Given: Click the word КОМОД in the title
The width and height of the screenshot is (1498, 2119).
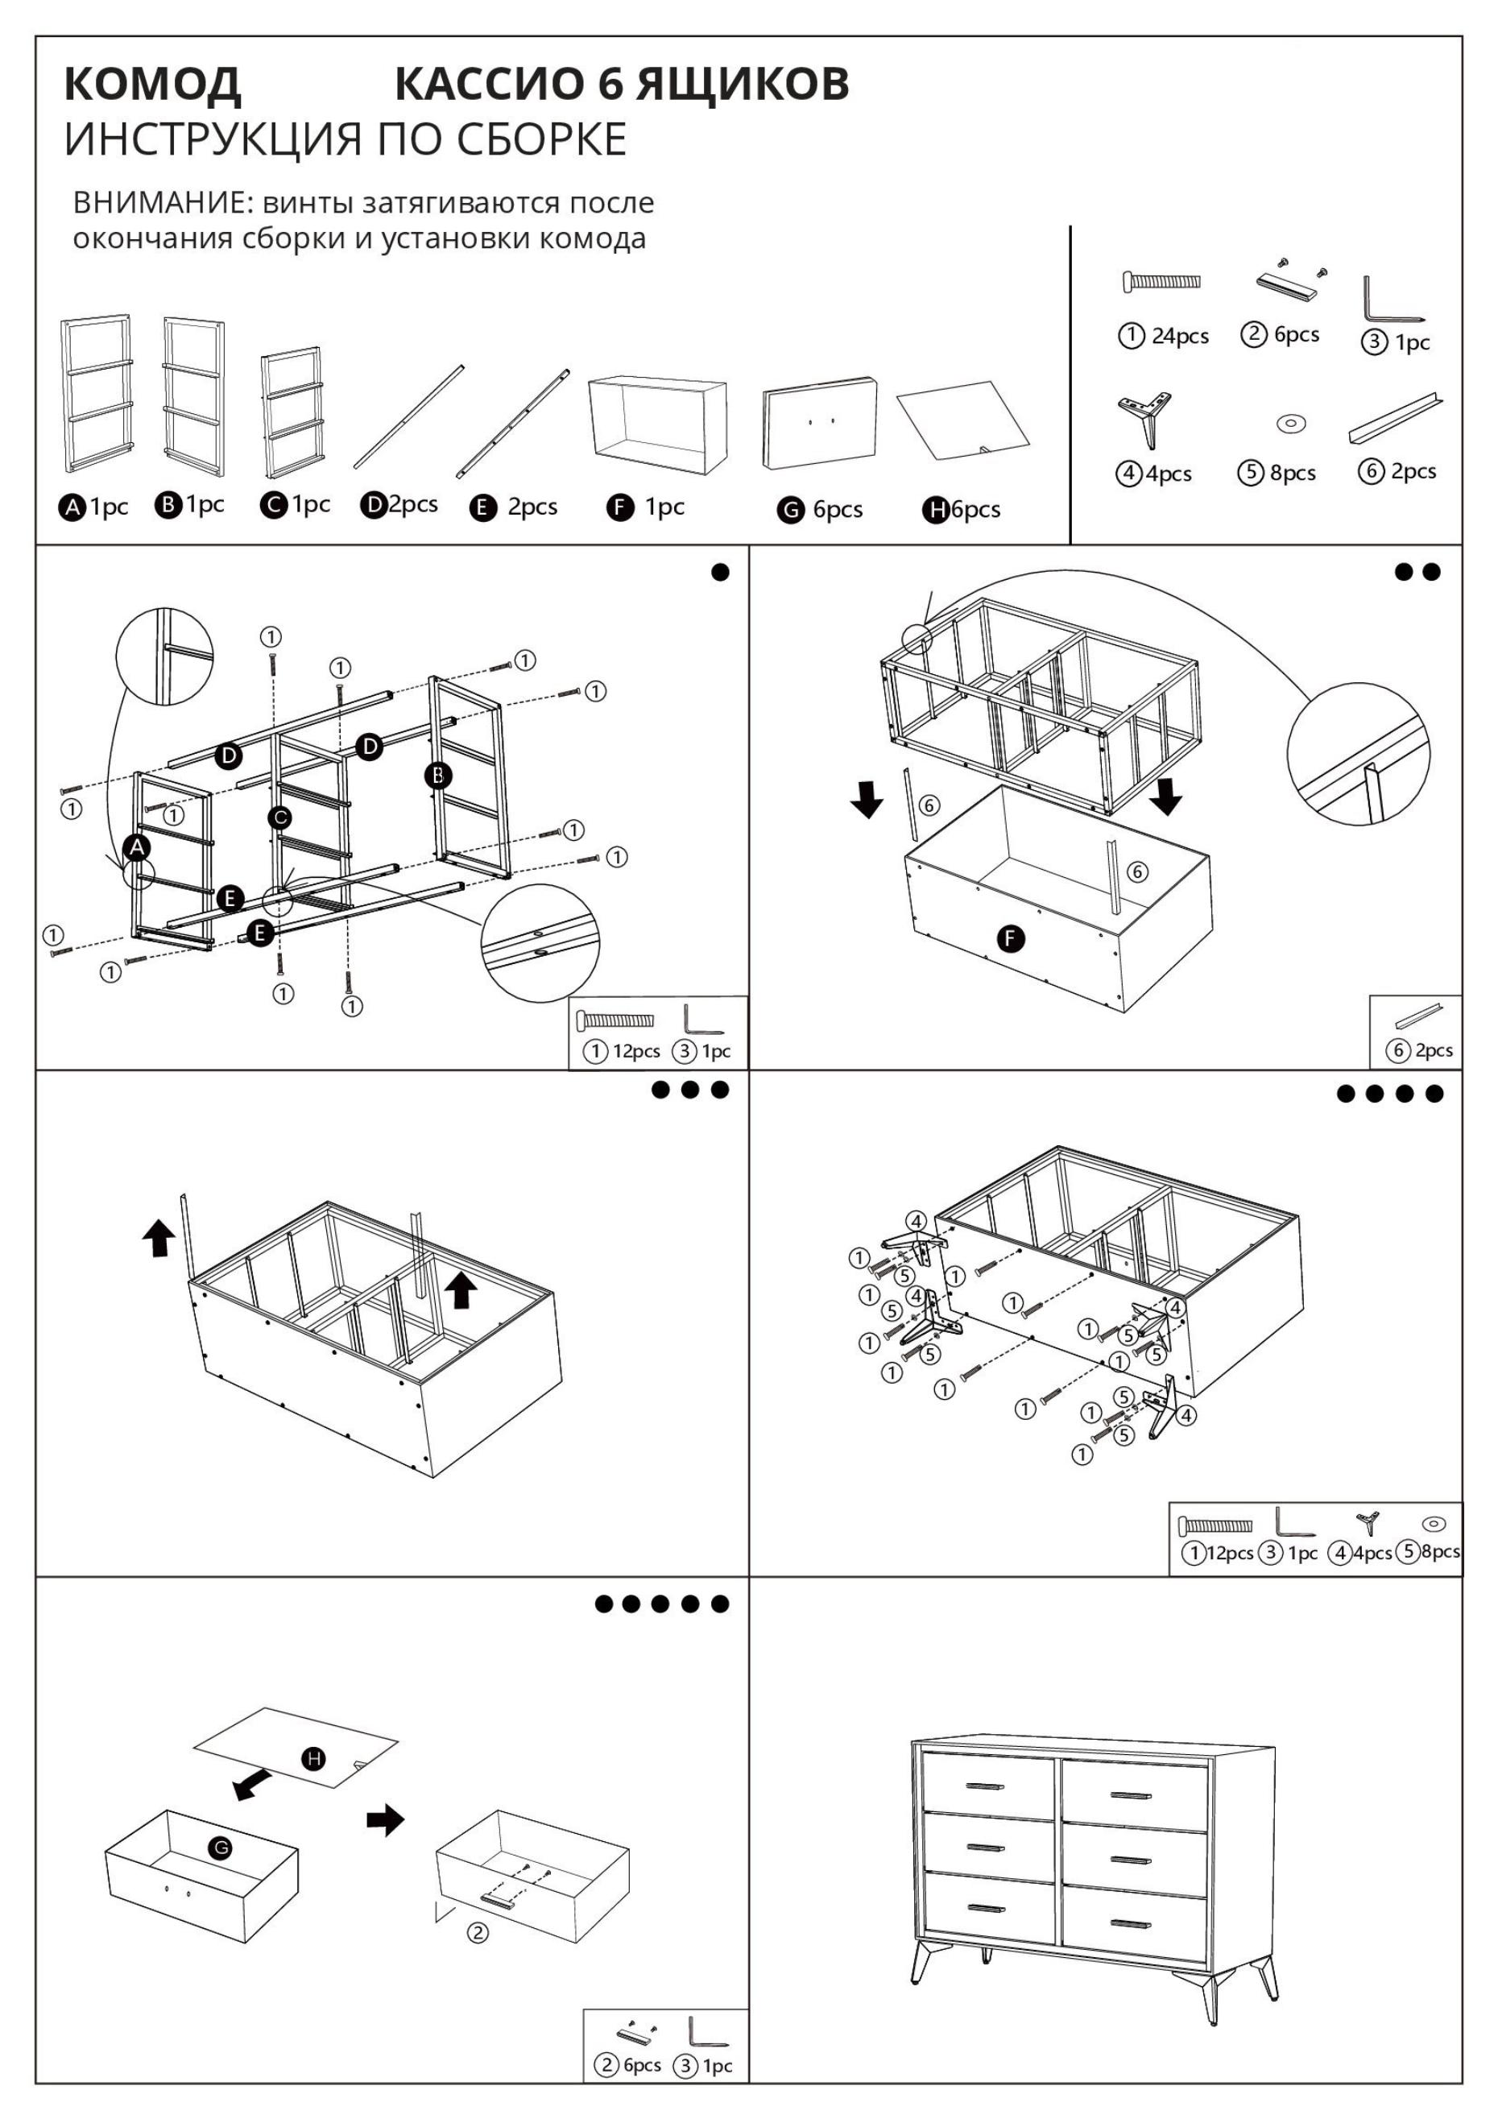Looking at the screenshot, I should click(152, 84).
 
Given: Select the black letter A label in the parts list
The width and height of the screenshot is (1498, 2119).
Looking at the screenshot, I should click(71, 507).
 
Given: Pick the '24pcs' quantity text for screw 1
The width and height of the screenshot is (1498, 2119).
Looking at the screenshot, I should click(1180, 336).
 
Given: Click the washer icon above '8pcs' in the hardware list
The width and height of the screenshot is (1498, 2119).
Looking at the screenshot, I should click(1290, 424).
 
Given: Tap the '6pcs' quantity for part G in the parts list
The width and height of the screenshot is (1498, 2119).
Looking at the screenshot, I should click(837, 510).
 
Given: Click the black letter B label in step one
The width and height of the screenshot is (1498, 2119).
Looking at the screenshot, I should click(437, 776).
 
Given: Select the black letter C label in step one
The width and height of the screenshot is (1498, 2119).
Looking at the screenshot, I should click(279, 817).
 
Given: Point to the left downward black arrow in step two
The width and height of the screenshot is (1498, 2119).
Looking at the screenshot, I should click(866, 798).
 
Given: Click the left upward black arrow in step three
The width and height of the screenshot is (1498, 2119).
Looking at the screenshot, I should click(159, 1237).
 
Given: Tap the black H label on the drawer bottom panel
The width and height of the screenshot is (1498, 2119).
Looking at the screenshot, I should click(315, 1759).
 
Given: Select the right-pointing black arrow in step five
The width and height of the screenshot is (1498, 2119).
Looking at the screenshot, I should click(386, 1820).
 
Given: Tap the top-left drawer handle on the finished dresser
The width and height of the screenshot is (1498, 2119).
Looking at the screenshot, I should click(985, 1786).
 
